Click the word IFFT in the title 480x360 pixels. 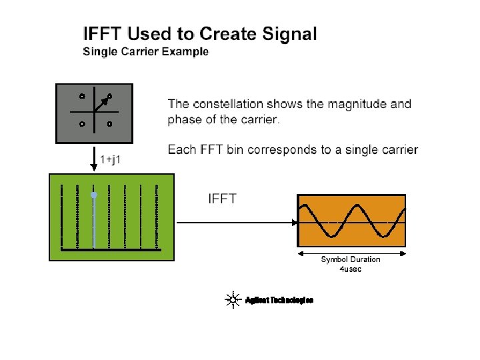[103, 33]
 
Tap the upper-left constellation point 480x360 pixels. [81, 95]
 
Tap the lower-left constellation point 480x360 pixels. [81, 123]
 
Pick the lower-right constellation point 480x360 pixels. [109, 123]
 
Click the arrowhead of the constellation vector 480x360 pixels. [107, 99]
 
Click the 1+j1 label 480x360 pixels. [111, 159]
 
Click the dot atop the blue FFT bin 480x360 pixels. [94, 195]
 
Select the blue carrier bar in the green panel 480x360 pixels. [94, 223]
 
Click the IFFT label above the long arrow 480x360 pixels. [223, 199]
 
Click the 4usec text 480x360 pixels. [351, 269]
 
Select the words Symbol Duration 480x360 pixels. [351, 259]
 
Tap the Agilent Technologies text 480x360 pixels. [279, 300]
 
